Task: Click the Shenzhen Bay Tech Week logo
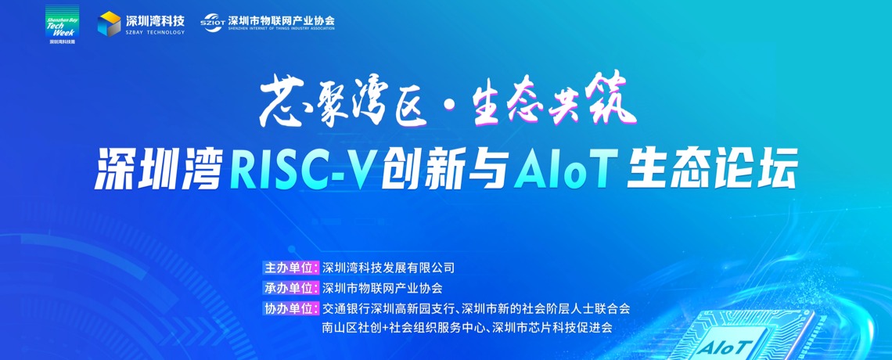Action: (62, 26)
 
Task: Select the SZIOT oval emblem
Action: (212, 23)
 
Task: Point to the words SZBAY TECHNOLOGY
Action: (155, 32)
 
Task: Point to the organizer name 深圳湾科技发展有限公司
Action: (389, 268)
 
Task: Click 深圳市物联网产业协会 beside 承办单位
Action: (383, 288)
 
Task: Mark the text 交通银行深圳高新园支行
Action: (388, 309)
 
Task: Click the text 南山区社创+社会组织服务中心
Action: (402, 328)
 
